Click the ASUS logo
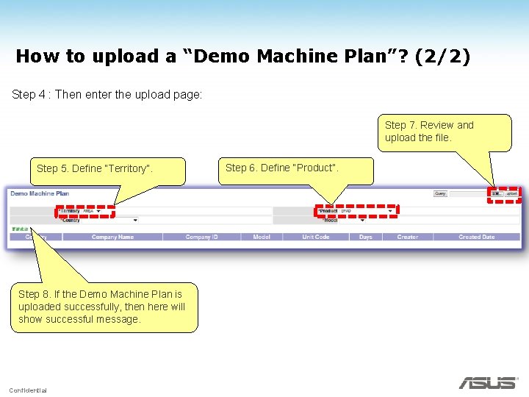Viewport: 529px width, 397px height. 488,382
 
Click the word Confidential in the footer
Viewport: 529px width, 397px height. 28,390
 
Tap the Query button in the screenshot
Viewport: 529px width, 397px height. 440,194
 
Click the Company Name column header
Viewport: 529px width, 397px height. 112,237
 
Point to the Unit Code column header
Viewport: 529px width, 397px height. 316,237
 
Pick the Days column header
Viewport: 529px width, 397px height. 365,237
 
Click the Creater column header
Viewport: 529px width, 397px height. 407,237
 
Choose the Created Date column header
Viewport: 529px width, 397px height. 476,237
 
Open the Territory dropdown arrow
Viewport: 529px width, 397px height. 99,211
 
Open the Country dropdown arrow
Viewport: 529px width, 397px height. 135,220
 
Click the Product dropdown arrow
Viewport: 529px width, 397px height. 390,211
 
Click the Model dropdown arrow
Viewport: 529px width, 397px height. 362,220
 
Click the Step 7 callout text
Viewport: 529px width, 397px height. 429,131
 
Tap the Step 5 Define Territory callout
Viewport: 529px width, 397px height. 95,168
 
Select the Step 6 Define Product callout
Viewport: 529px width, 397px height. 282,168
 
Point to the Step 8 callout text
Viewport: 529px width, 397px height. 102,307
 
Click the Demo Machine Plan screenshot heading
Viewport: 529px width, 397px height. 40,194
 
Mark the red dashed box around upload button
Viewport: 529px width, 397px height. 504,194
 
